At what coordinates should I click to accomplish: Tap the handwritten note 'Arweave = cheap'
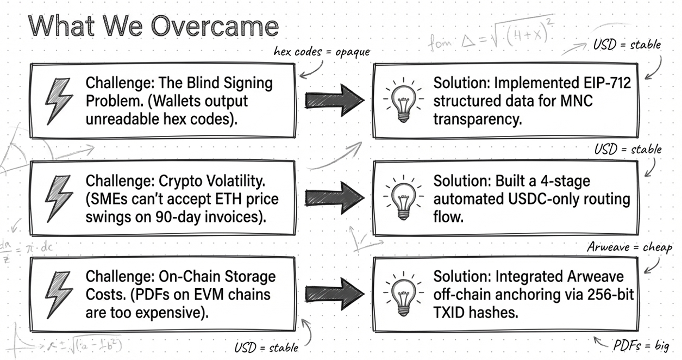point(629,247)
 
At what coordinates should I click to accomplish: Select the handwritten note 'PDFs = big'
point(641,345)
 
